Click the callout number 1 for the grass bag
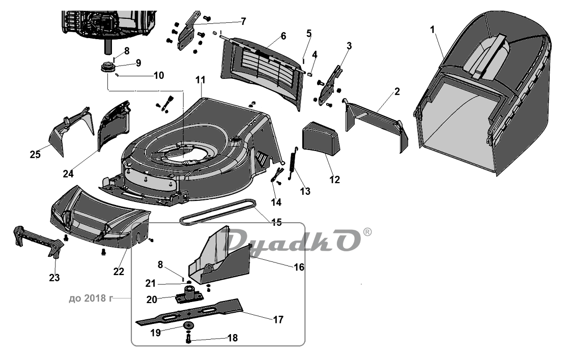click(x=432, y=29)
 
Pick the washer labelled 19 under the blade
click(x=189, y=325)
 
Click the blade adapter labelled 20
click(x=189, y=294)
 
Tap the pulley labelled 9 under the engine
click(x=109, y=67)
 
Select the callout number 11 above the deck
click(x=201, y=80)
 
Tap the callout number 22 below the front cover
click(x=119, y=272)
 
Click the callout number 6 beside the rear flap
click(x=283, y=36)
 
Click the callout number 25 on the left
click(x=35, y=155)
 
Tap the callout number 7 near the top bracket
click(x=243, y=21)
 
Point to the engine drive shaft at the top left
click(x=109, y=47)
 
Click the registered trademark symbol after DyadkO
click(x=367, y=232)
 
